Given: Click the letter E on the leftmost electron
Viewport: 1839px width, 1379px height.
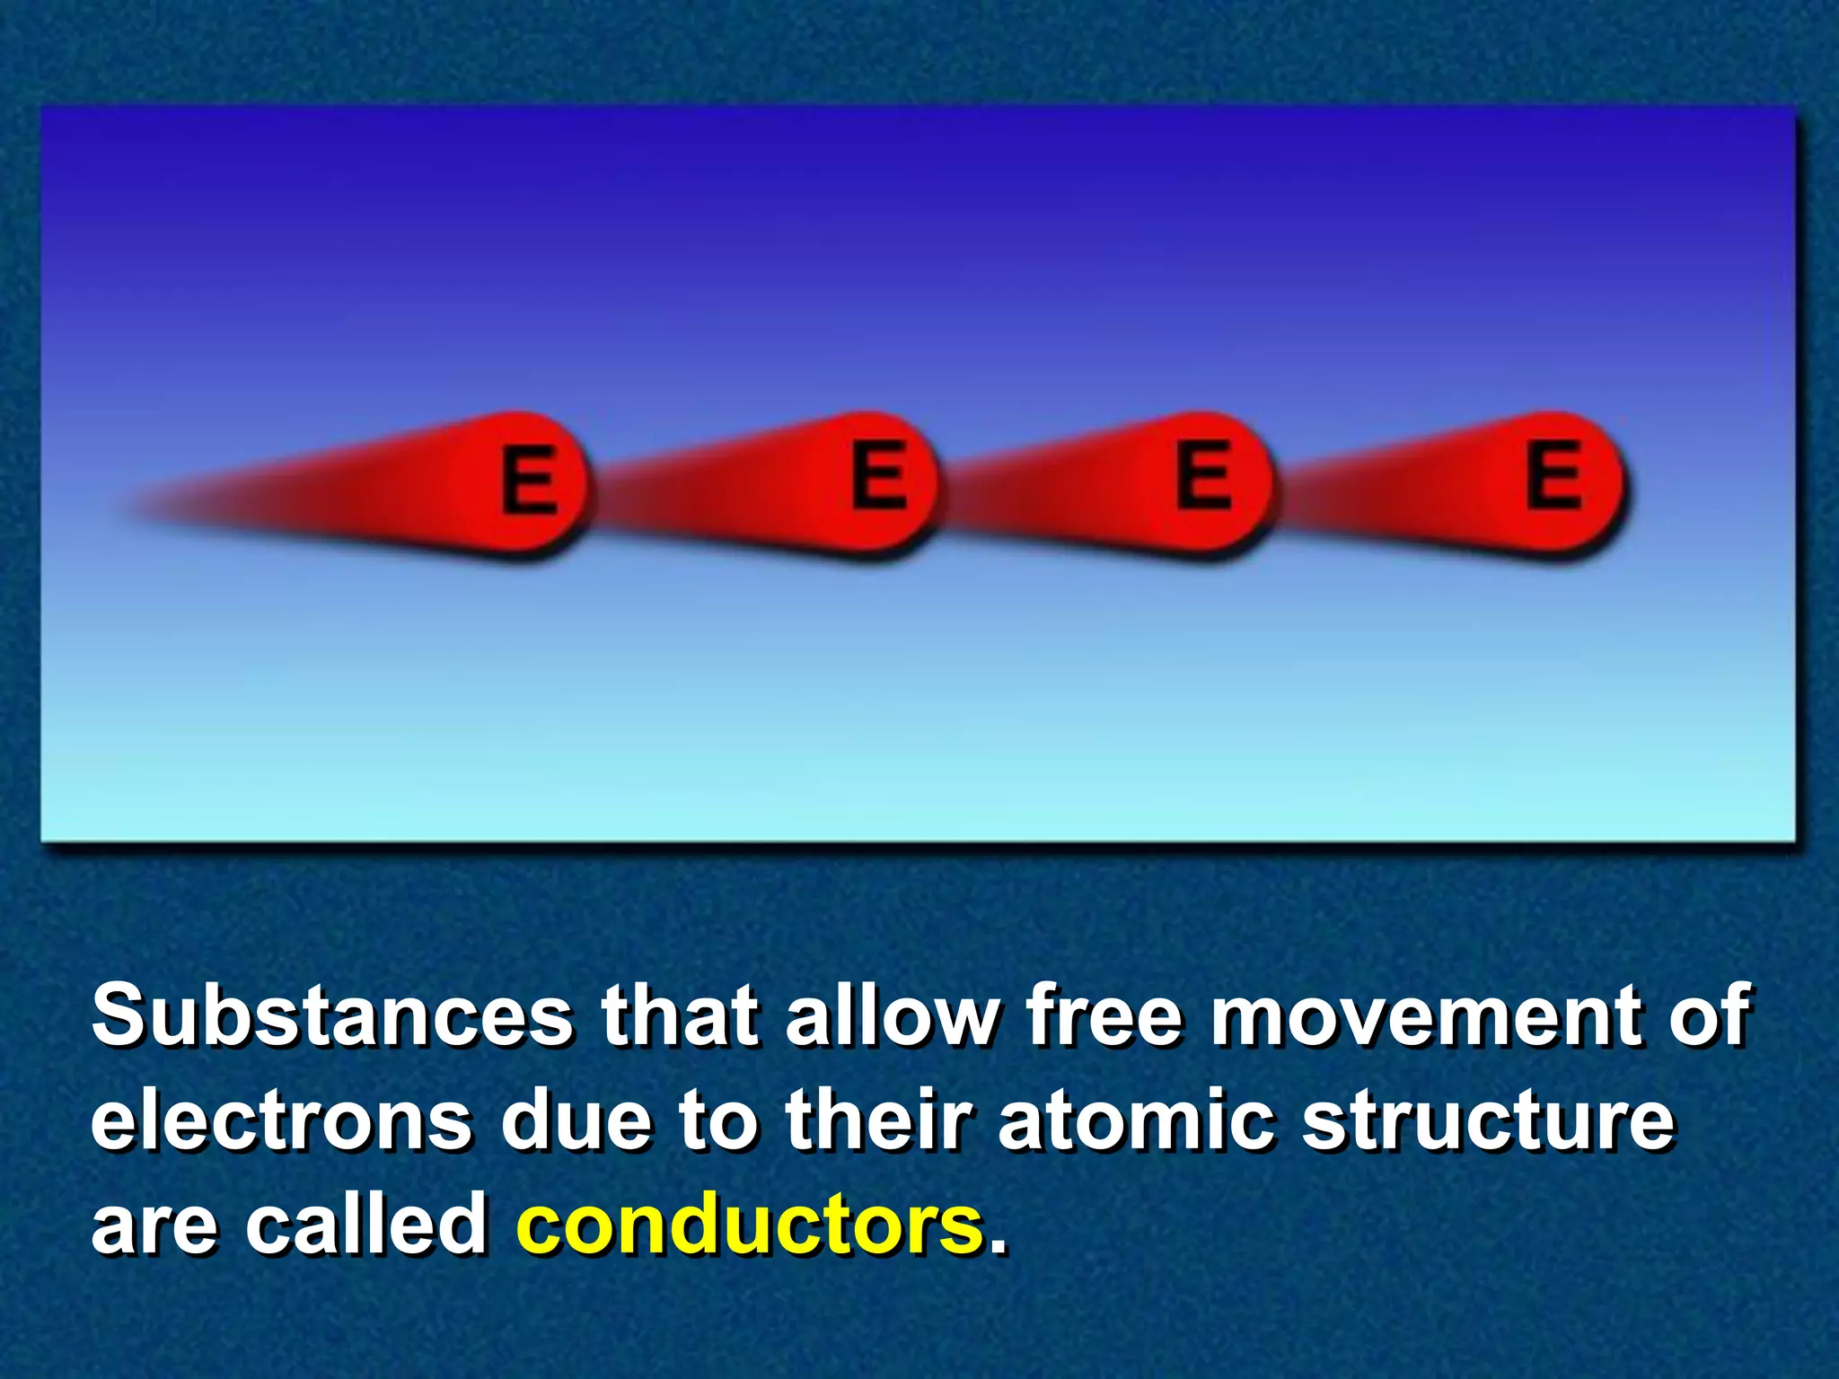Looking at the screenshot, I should click(x=529, y=479).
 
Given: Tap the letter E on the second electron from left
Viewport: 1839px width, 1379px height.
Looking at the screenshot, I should click(x=877, y=474).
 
